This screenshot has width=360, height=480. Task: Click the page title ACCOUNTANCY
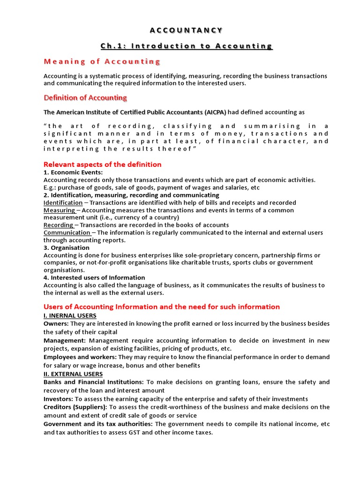[x=187, y=30]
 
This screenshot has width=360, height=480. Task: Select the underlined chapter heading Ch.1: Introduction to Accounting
[x=187, y=46]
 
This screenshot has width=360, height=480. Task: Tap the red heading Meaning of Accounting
[x=102, y=61]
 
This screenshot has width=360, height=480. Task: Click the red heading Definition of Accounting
[x=85, y=97]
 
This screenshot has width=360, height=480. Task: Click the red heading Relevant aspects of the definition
[x=102, y=165]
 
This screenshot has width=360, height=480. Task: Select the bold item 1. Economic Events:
[x=73, y=172]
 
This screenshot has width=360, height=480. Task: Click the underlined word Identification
[x=63, y=202]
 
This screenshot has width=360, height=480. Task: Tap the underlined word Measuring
[x=59, y=210]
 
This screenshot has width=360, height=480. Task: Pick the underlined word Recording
[x=58, y=225]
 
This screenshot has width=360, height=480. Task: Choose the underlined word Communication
[x=67, y=232]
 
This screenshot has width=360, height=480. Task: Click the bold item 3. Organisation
[x=67, y=247]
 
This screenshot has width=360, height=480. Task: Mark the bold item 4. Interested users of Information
[x=94, y=277]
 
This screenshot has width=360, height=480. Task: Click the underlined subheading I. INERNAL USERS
[x=70, y=315]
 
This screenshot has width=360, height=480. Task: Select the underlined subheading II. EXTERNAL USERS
[x=73, y=374]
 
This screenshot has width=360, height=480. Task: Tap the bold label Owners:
[x=56, y=324]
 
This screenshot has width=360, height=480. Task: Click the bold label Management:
[x=65, y=340]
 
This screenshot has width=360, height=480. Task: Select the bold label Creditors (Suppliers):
[x=75, y=407]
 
